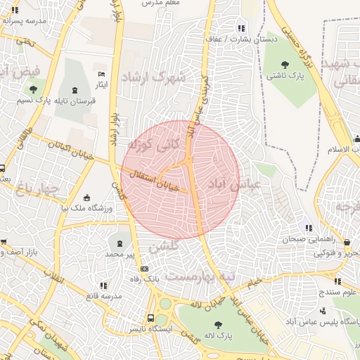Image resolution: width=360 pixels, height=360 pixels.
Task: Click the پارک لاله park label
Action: pos(219,336)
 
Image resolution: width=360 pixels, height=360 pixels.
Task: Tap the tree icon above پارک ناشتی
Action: pos(284,65)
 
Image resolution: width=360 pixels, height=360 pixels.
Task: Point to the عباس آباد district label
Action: pos(234,184)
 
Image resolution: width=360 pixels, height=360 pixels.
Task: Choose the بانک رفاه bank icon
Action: pos(145,269)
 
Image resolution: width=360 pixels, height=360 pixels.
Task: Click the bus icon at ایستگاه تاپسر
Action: pos(150,318)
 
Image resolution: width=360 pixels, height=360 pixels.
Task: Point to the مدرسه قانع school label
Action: pos(103,296)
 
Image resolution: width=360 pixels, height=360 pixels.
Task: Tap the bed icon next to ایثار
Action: pos(102,75)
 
